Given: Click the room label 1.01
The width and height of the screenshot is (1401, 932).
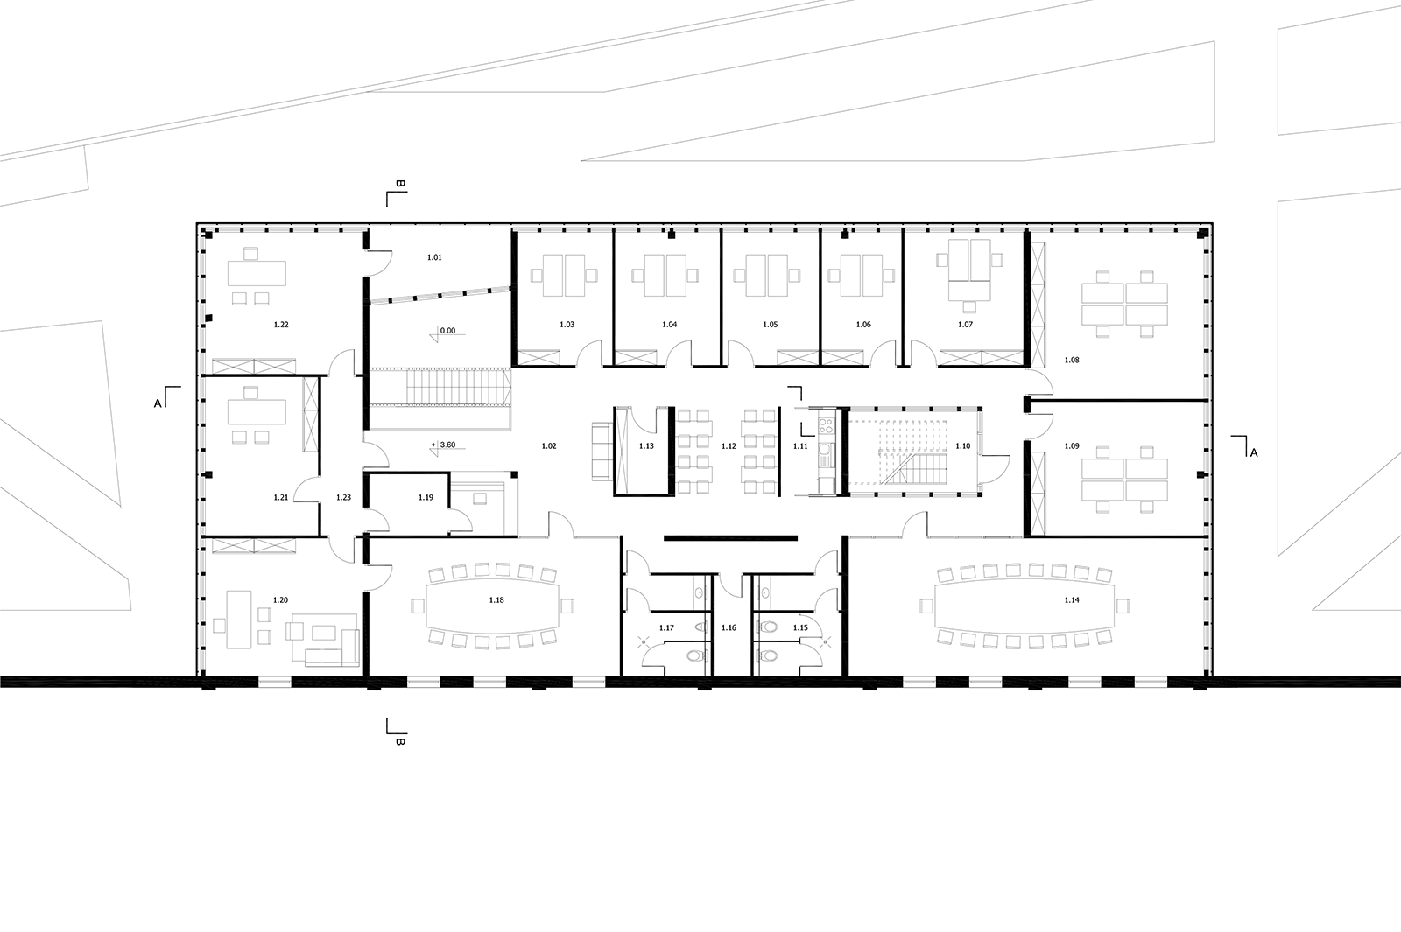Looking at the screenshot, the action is pyautogui.click(x=434, y=257).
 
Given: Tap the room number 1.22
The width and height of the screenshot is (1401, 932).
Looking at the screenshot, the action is pyautogui.click(x=281, y=325).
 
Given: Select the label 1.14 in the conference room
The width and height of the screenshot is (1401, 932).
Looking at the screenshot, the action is pyautogui.click(x=1072, y=600).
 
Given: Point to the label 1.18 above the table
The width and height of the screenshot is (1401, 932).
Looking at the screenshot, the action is pyautogui.click(x=496, y=600).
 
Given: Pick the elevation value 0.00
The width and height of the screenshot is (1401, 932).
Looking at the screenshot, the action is pyautogui.click(x=447, y=331).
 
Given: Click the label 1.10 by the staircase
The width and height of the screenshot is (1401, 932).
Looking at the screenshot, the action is pyautogui.click(x=962, y=445).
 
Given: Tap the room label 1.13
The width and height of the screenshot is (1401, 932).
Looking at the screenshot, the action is pyautogui.click(x=646, y=445).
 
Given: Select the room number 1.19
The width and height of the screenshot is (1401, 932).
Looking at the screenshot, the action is pyautogui.click(x=426, y=498).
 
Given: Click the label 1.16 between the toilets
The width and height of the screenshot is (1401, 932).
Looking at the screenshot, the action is pyautogui.click(x=729, y=627).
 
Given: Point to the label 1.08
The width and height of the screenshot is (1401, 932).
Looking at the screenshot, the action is pyautogui.click(x=1072, y=360).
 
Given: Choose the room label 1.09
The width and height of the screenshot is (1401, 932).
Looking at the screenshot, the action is pyautogui.click(x=1072, y=445).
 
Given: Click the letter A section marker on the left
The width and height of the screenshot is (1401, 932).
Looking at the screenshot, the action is pyautogui.click(x=158, y=403).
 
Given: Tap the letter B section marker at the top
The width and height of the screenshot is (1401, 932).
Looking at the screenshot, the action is pyautogui.click(x=400, y=184).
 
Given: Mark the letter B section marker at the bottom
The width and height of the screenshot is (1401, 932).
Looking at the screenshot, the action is pyautogui.click(x=400, y=742).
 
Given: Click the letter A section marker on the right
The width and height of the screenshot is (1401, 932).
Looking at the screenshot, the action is pyautogui.click(x=1253, y=453).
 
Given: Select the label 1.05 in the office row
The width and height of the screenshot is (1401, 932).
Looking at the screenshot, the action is pyautogui.click(x=770, y=325).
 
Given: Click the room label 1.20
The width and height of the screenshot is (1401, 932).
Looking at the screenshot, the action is pyautogui.click(x=280, y=600).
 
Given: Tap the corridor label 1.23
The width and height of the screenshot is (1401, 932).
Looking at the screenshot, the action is pyautogui.click(x=343, y=498).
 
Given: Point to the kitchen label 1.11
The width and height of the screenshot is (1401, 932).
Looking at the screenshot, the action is pyautogui.click(x=800, y=445).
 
